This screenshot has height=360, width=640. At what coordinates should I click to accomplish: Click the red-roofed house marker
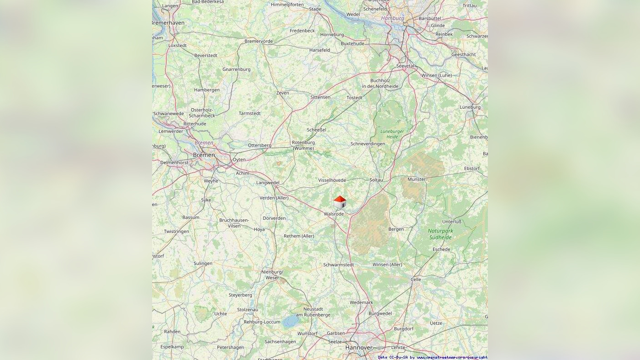(339, 202)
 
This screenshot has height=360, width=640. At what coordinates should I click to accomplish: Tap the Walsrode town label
(333, 214)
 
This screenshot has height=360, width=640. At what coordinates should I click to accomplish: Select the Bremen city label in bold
(204, 155)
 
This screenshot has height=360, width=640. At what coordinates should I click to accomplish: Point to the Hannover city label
(359, 348)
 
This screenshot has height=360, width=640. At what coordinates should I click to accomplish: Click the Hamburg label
(392, 18)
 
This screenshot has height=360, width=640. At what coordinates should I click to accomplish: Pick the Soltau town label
(376, 180)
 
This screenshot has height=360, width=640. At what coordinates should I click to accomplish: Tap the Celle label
(416, 279)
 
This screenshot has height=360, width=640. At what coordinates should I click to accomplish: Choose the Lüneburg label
(470, 107)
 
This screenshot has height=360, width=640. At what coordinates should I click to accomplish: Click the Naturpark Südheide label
(440, 234)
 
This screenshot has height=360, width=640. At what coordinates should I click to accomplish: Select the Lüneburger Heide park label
(392, 134)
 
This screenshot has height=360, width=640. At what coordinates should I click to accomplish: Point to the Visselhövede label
(332, 180)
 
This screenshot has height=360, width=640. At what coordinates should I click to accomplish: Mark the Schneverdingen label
(368, 143)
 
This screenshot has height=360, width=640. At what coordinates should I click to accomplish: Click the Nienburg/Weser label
(272, 275)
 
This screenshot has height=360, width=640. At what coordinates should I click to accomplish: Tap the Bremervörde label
(259, 41)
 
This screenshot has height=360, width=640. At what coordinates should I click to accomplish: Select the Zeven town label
(282, 93)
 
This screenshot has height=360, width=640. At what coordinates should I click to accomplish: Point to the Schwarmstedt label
(339, 265)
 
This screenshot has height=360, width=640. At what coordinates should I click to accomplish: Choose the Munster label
(416, 179)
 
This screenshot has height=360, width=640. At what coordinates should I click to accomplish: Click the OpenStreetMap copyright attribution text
(432, 357)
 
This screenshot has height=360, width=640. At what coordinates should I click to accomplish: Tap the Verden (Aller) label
(274, 198)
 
